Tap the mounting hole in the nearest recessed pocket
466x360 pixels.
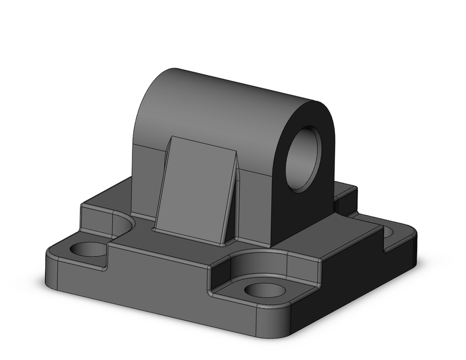[264, 290]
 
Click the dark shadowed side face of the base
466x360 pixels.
[354, 280]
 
